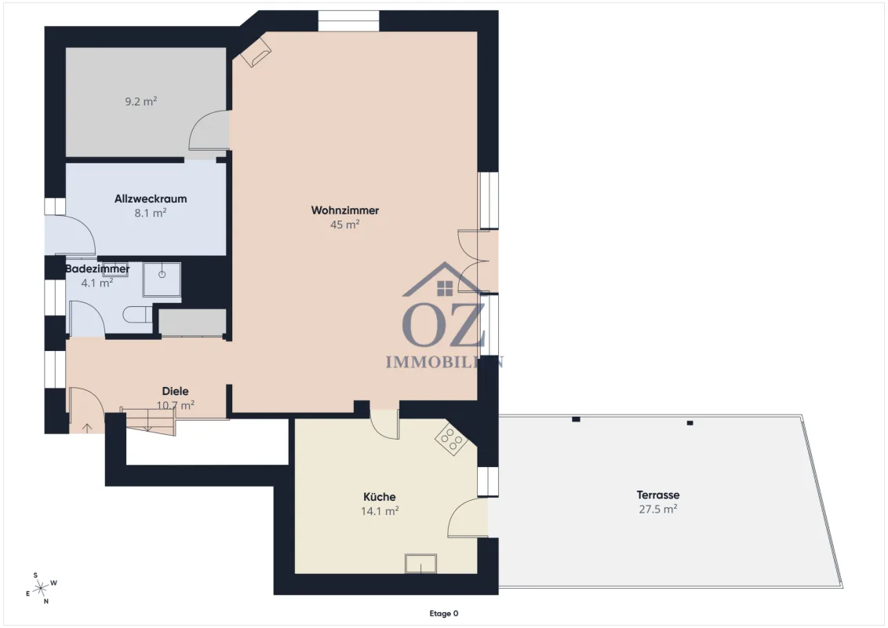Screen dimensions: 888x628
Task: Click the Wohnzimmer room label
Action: [345, 210]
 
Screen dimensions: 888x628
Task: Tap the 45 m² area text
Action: [345, 225]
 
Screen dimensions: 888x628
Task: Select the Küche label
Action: [380, 496]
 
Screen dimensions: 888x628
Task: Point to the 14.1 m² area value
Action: [380, 511]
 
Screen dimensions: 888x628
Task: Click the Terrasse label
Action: [658, 495]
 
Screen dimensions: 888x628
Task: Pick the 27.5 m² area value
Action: [658, 509]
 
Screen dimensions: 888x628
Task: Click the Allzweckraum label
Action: [151, 199]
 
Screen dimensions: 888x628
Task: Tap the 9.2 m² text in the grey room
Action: [141, 101]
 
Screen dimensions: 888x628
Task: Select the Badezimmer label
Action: [97, 268]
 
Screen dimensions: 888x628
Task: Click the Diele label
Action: [176, 391]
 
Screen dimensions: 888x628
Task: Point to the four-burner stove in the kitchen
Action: [451, 440]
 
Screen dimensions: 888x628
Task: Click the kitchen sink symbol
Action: [420, 564]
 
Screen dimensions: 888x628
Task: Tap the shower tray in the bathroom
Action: [162, 279]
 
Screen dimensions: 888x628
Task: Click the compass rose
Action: [41, 588]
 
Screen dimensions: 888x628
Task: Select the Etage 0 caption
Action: [444, 613]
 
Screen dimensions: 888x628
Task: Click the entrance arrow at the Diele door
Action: [87, 428]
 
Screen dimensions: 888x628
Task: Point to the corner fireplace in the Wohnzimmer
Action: [256, 53]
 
